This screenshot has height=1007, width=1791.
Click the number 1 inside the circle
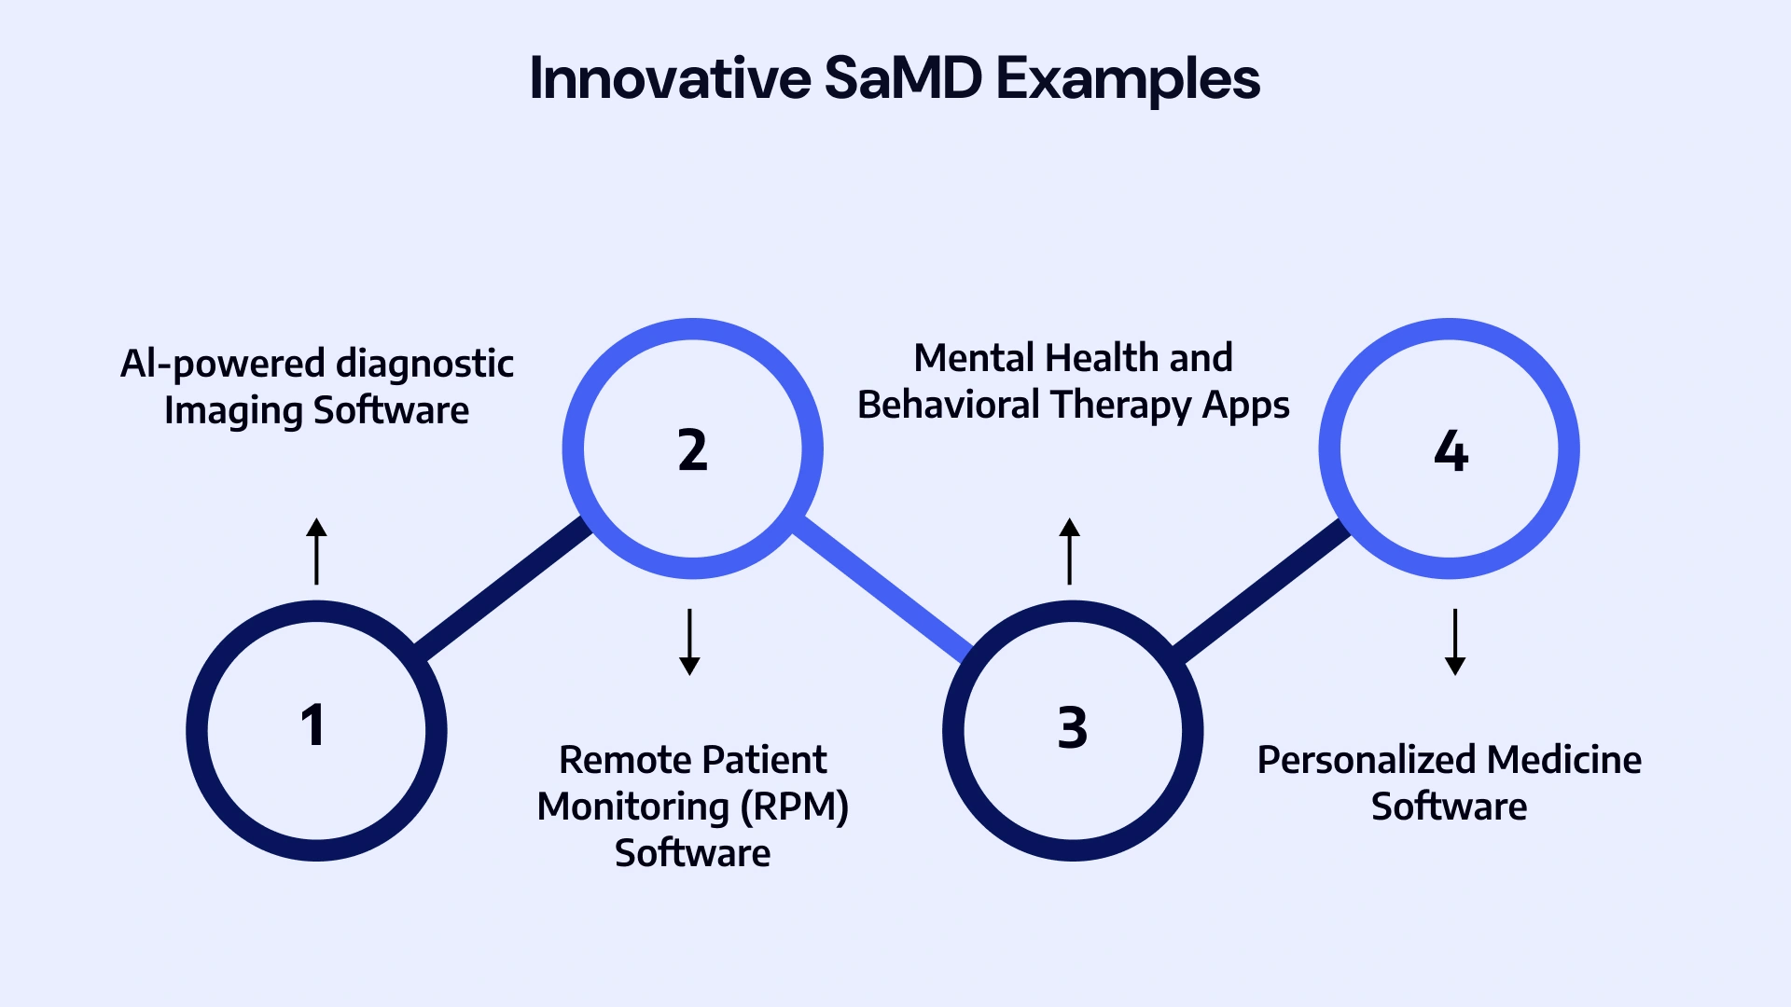[x=313, y=726]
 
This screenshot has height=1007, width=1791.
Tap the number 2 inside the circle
[x=692, y=450]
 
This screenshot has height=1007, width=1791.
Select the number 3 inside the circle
[x=1072, y=728]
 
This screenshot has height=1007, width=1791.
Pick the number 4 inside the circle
[x=1451, y=452]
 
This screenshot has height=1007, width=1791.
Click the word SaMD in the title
[x=903, y=78]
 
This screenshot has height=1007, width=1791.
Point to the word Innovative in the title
[x=670, y=78]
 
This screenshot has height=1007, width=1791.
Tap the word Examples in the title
[x=1128, y=80]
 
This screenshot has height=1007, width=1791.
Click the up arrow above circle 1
[x=317, y=551]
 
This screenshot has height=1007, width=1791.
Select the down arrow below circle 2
[x=689, y=641]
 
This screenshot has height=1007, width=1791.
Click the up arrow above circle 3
[x=1070, y=551]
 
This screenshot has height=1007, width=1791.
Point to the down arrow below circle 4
[x=1455, y=641]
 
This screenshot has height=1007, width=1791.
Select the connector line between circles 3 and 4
[x=1259, y=589]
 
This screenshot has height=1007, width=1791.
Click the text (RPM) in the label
[x=794, y=807]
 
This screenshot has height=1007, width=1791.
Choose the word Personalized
[x=1367, y=761]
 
